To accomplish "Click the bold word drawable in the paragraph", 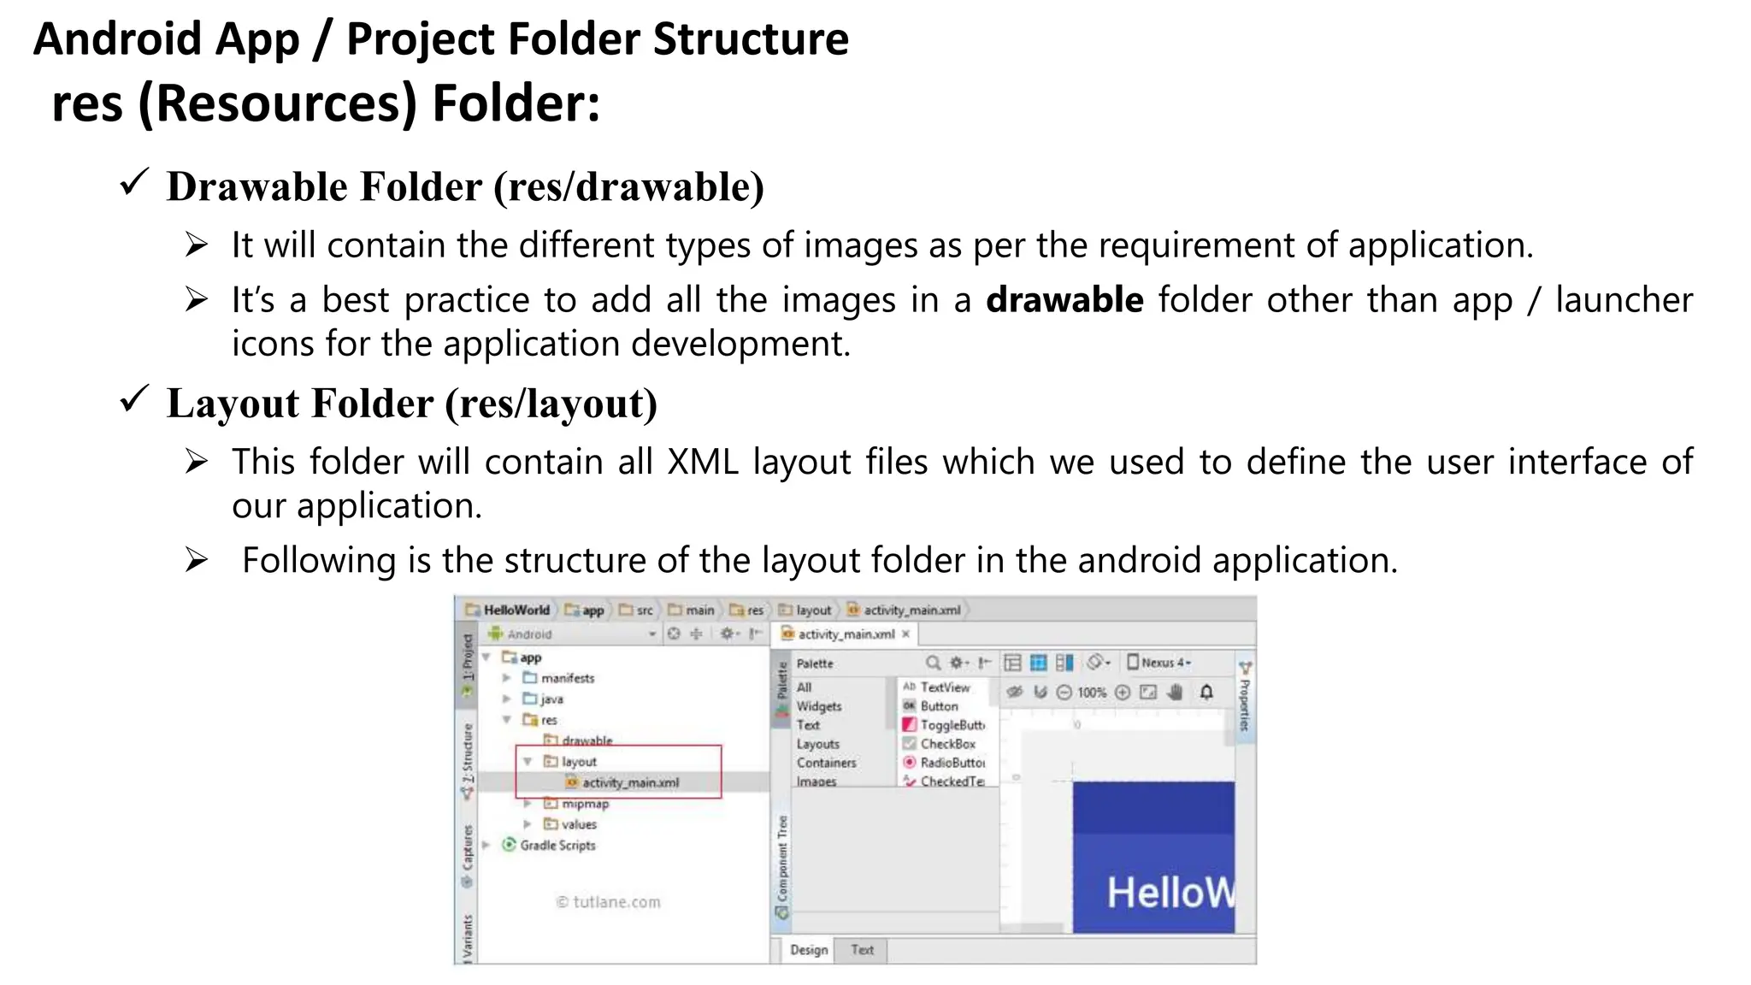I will [1064, 300].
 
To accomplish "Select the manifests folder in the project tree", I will [567, 678].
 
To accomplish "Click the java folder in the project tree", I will [551, 699].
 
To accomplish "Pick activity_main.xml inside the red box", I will [630, 782].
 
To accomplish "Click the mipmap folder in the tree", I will [585, 804].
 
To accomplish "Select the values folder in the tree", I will [579, 824].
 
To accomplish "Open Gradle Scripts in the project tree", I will [557, 845].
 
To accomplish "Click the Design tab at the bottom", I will [808, 950].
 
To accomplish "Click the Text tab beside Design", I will [862, 950].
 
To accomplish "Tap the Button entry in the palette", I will [938, 706].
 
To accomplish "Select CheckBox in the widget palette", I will [946, 744].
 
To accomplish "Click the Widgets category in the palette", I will [818, 706].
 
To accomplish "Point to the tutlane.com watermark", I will [609, 902].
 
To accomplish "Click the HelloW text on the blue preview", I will [1170, 893].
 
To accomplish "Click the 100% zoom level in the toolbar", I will [1091, 693].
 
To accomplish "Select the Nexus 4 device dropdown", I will [1160, 663].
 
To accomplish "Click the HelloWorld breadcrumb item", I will [516, 610].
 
